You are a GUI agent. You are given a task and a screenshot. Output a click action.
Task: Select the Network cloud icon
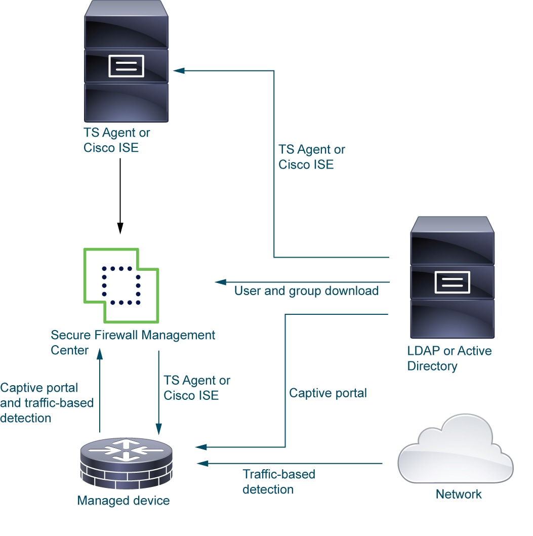[456, 449]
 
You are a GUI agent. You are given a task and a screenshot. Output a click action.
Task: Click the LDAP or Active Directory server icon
[453, 277]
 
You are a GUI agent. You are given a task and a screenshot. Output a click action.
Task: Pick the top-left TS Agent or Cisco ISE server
[126, 61]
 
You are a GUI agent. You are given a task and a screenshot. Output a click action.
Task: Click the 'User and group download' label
[306, 291]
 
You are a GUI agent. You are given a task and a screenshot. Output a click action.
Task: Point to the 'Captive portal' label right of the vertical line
[328, 393]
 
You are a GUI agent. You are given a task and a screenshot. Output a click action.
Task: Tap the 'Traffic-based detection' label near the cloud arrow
[279, 482]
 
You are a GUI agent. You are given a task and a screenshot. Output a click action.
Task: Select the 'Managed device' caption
[124, 501]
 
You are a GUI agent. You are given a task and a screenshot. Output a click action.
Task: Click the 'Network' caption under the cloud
[459, 494]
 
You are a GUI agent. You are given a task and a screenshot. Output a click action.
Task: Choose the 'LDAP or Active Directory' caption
[449, 358]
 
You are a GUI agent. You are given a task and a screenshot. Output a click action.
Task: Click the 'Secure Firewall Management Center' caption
[133, 342]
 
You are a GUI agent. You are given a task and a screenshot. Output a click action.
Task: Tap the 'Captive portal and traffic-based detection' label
[47, 403]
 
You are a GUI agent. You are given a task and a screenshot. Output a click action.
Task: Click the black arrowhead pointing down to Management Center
[120, 228]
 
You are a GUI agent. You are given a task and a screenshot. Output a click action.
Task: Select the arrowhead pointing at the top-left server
[179, 71]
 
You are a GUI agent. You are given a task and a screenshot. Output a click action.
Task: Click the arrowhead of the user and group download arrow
[221, 282]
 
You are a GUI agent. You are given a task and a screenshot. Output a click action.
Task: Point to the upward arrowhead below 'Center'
[100, 354]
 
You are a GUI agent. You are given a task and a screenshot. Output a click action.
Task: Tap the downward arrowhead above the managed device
[158, 429]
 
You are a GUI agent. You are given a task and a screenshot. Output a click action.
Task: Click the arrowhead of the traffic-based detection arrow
[203, 464]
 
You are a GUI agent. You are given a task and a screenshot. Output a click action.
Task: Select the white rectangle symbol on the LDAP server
[453, 282]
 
